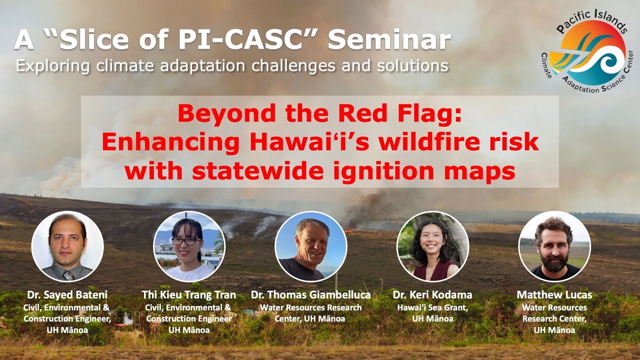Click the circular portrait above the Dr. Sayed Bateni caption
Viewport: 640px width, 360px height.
coord(67,246)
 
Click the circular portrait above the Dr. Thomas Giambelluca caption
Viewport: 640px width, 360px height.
coord(311,246)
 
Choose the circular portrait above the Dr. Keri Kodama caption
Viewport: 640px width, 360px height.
coord(432,246)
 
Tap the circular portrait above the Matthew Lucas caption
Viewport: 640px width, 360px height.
coord(554,246)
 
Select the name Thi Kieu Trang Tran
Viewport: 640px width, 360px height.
coord(188,295)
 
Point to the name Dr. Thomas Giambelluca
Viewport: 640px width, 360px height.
coord(310,295)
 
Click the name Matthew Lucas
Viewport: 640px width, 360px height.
coord(554,295)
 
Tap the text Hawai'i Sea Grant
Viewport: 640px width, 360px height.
coord(432,307)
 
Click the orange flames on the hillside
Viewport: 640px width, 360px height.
coord(349,230)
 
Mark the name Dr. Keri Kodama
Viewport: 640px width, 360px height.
coord(432,295)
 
